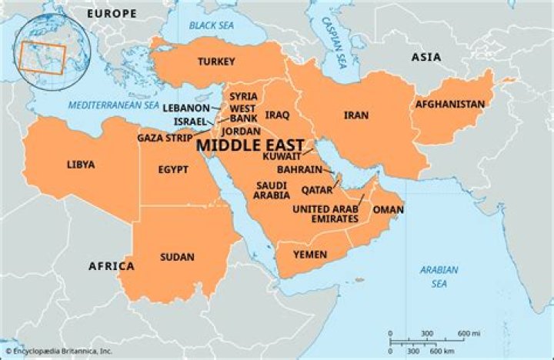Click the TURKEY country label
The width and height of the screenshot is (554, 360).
tap(216, 61)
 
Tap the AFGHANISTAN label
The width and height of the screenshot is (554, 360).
tap(450, 105)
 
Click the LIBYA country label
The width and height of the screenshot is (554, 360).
tap(81, 165)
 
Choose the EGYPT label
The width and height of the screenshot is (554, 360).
tap(174, 169)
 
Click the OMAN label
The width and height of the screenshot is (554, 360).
tap(388, 209)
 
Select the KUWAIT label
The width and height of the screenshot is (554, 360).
tap(282, 156)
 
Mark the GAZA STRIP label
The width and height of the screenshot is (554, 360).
tap(165, 138)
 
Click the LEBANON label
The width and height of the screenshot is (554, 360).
tap(185, 108)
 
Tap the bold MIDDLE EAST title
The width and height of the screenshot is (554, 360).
tap(250, 143)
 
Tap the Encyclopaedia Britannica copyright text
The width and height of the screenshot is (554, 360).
tap(58, 352)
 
